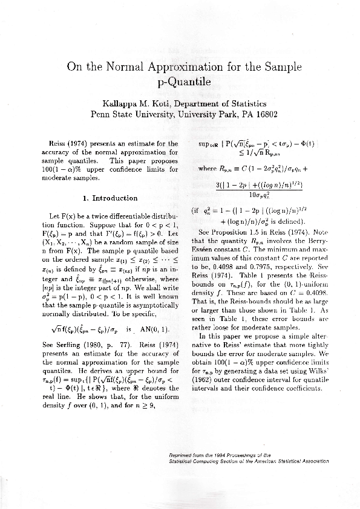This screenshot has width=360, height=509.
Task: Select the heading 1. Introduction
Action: pyautogui.click(x=109, y=198)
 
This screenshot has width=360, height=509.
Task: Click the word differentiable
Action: pyautogui.click(x=127, y=215)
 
